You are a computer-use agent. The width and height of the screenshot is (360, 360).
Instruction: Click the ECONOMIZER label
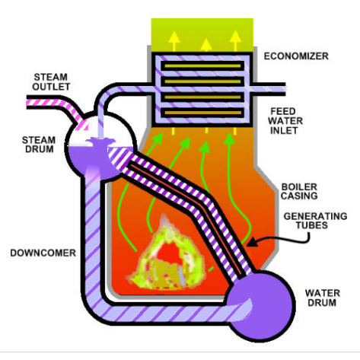coord(296,56)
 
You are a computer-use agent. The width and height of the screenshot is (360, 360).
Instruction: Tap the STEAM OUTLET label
coord(51,81)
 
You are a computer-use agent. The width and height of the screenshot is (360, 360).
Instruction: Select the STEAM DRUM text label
coord(39,145)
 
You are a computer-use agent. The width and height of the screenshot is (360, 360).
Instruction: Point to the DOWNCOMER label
coord(43,253)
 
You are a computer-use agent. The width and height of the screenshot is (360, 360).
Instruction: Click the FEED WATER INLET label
coord(285,121)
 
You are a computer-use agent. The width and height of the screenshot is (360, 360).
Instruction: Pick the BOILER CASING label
coord(299,191)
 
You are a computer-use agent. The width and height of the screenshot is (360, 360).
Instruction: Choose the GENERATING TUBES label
coord(315,221)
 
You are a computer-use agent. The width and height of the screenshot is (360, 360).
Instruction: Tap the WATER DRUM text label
coord(323,298)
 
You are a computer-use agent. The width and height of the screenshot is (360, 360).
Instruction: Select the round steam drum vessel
coord(100,147)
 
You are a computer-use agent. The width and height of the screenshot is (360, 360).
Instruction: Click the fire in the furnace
coord(166,256)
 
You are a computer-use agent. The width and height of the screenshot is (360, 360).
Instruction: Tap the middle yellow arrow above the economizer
coord(206,45)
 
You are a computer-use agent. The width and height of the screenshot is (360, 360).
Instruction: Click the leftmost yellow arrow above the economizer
coord(174,41)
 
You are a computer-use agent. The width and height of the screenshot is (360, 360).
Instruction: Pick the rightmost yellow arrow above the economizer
coord(235,41)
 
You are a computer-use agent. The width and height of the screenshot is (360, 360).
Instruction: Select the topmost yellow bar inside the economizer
coord(202,66)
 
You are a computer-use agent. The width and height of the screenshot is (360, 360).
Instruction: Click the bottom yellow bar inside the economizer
coord(202,113)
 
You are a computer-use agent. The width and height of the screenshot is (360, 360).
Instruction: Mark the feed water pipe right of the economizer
coord(269,89)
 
